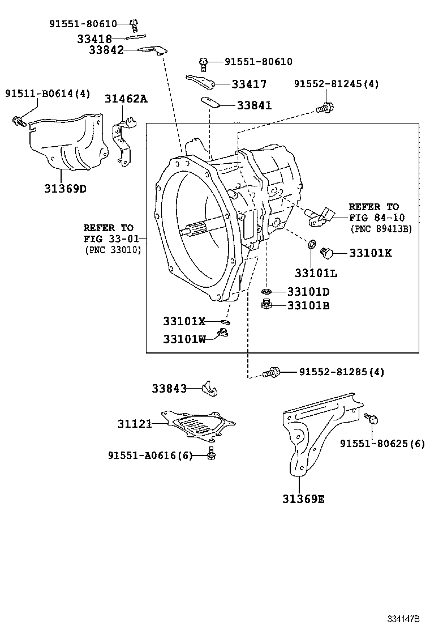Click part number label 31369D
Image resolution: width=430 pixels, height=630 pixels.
coord(65,189)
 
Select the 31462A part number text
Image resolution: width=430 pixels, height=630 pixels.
coord(125,99)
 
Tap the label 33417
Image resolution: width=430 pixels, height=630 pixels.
coord(249,84)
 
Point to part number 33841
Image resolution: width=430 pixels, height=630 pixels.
coord(254,105)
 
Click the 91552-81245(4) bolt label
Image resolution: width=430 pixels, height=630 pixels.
coord(337,84)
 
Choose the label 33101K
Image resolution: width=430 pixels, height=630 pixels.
coord(370,253)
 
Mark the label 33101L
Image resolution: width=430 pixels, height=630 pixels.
coord(316,273)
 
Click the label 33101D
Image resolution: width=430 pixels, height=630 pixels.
coord(308,292)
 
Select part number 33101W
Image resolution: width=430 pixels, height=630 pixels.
coord(184,339)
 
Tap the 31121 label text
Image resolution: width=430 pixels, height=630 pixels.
coord(135,423)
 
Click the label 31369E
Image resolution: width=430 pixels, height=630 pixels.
coord(303,499)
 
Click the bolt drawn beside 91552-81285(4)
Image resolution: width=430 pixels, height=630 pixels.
coord(272,372)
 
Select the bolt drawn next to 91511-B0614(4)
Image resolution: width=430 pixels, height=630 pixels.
coord(19,121)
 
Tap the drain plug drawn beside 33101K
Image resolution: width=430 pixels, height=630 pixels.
coord(327,252)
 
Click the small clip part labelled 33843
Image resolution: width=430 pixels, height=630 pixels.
coord(210,389)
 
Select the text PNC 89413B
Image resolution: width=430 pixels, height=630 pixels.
coord(381,229)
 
